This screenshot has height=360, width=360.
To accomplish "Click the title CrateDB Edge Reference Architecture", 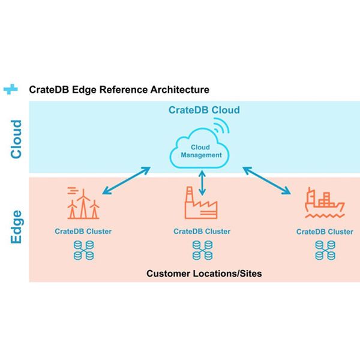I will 119,89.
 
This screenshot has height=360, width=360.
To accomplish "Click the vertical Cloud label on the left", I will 16,139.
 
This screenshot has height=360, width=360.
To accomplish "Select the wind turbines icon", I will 82,204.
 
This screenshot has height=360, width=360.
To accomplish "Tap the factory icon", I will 200,206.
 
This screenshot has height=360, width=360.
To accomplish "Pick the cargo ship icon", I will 324,203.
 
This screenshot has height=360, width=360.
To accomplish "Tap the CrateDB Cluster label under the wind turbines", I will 83,231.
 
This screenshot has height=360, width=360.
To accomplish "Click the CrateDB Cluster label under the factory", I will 202,231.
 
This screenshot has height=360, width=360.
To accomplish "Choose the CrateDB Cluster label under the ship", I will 325,232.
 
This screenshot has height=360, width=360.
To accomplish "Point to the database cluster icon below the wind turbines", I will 83,250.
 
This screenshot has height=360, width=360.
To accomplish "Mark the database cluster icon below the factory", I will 202,250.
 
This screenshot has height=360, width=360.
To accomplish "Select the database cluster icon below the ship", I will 325,250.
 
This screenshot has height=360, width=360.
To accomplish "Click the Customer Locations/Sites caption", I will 204,274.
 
